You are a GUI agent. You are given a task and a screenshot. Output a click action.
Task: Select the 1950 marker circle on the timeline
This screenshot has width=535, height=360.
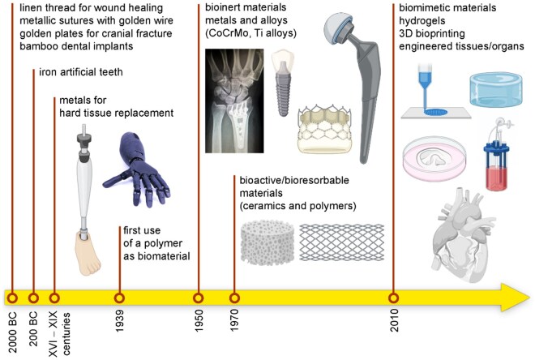(199, 296)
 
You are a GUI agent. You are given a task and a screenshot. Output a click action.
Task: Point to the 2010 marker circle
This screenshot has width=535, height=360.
(394, 296)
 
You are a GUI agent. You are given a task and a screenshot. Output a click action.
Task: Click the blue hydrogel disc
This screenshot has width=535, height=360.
(495, 98)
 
